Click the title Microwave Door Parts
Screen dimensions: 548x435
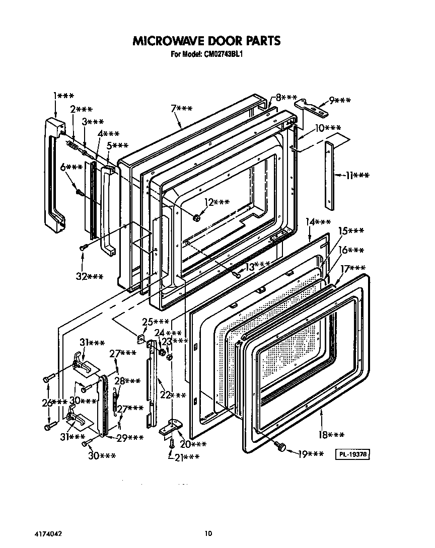point(206,41)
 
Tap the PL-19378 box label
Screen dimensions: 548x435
point(353,455)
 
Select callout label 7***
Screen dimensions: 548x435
point(181,109)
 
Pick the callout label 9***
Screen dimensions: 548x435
point(340,101)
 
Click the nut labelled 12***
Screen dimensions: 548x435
point(197,217)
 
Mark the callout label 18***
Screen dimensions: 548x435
point(332,434)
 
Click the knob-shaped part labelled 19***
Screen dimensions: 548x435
point(281,446)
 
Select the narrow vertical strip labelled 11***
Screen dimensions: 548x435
point(328,175)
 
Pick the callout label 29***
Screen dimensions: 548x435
point(130,438)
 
